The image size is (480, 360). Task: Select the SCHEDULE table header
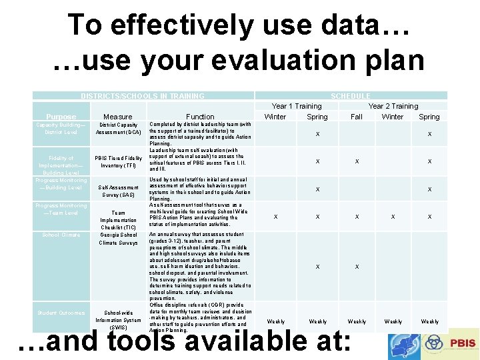point(350,96)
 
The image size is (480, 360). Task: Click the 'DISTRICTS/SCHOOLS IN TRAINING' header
point(143,96)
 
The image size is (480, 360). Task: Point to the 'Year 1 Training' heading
point(296,106)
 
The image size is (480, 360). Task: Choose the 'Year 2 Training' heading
point(393,106)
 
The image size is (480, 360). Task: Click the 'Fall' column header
point(357,117)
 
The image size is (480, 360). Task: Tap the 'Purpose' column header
point(61,117)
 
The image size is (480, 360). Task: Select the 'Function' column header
point(200,117)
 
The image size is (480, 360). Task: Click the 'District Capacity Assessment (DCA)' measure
point(118,128)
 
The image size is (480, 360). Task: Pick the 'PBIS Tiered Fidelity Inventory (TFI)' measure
point(118,161)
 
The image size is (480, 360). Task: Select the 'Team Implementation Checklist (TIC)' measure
point(118,220)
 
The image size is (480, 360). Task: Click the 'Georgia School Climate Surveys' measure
point(118,239)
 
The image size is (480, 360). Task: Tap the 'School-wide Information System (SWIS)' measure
point(118,320)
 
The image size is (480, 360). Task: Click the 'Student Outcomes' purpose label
point(61,313)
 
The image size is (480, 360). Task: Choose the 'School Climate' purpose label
point(61,235)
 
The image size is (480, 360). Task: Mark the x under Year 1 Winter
point(276,217)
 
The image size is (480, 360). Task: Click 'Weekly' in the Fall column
point(357,321)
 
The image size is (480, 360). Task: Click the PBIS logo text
point(461,342)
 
